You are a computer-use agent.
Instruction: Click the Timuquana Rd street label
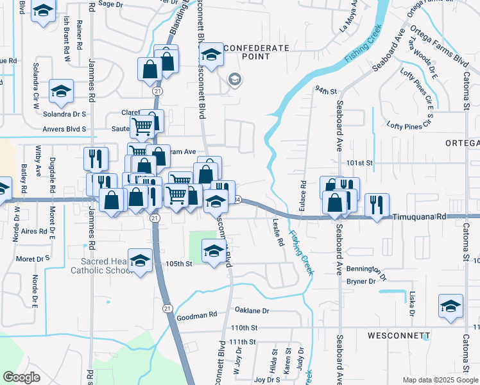(x=419, y=218)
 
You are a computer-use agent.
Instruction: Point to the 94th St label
(x=325, y=91)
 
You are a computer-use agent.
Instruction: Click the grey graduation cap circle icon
(x=234, y=79)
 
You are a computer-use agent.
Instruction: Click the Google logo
(x=22, y=377)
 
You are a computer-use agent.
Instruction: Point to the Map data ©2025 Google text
(x=440, y=380)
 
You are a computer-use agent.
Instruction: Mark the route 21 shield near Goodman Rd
(x=167, y=309)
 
